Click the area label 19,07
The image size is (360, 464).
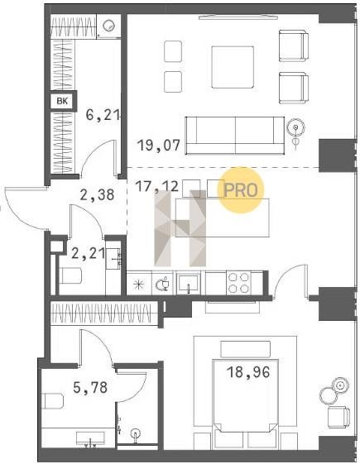(x=159, y=146)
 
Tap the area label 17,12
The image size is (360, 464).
(x=156, y=187)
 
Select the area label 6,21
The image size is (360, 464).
(x=103, y=115)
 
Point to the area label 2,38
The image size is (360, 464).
(x=97, y=195)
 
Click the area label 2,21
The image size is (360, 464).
(x=89, y=253)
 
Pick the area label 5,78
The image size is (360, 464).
(x=90, y=387)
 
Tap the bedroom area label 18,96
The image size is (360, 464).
(x=248, y=372)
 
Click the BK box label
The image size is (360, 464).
(x=62, y=101)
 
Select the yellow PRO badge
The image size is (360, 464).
(x=240, y=190)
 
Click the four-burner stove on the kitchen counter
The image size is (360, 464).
(x=238, y=283)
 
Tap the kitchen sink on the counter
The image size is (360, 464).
(x=188, y=283)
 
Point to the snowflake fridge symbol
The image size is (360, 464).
(x=138, y=285)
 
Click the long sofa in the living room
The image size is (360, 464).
(x=234, y=136)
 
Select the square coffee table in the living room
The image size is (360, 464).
(x=233, y=67)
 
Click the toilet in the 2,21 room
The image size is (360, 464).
(x=70, y=275)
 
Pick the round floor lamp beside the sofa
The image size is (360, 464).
(x=295, y=127)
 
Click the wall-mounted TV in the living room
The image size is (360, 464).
(x=238, y=17)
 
